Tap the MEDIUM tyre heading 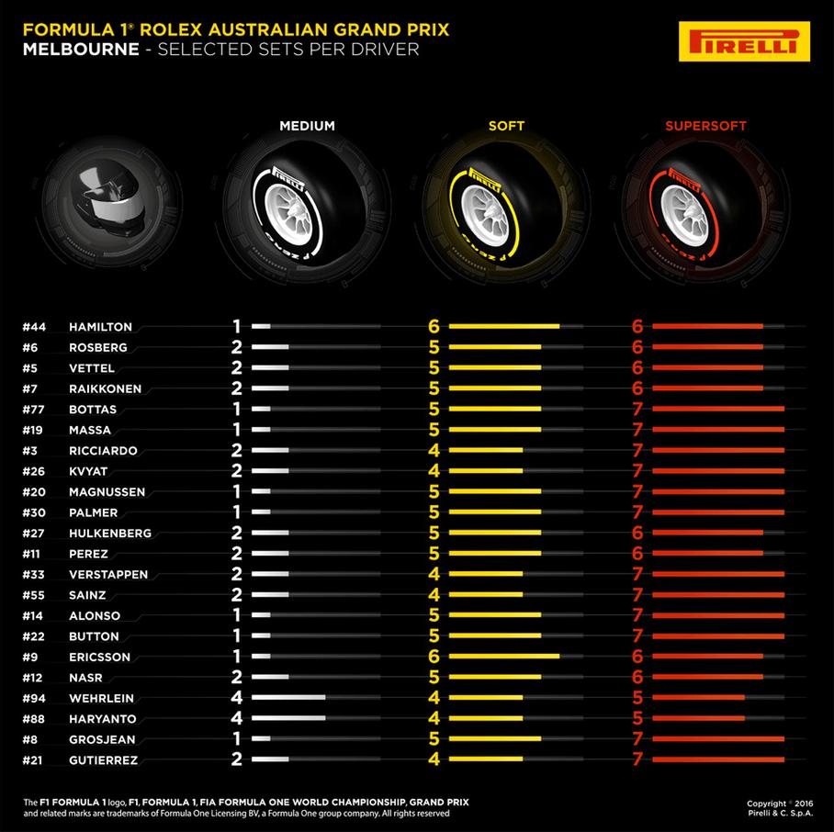307,126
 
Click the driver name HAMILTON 101,326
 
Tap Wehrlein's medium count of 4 235,698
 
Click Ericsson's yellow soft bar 496,657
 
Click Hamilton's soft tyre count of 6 434,326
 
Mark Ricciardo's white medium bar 270,451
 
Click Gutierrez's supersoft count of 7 637,759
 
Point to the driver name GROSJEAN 103,739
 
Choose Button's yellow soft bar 488,636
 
